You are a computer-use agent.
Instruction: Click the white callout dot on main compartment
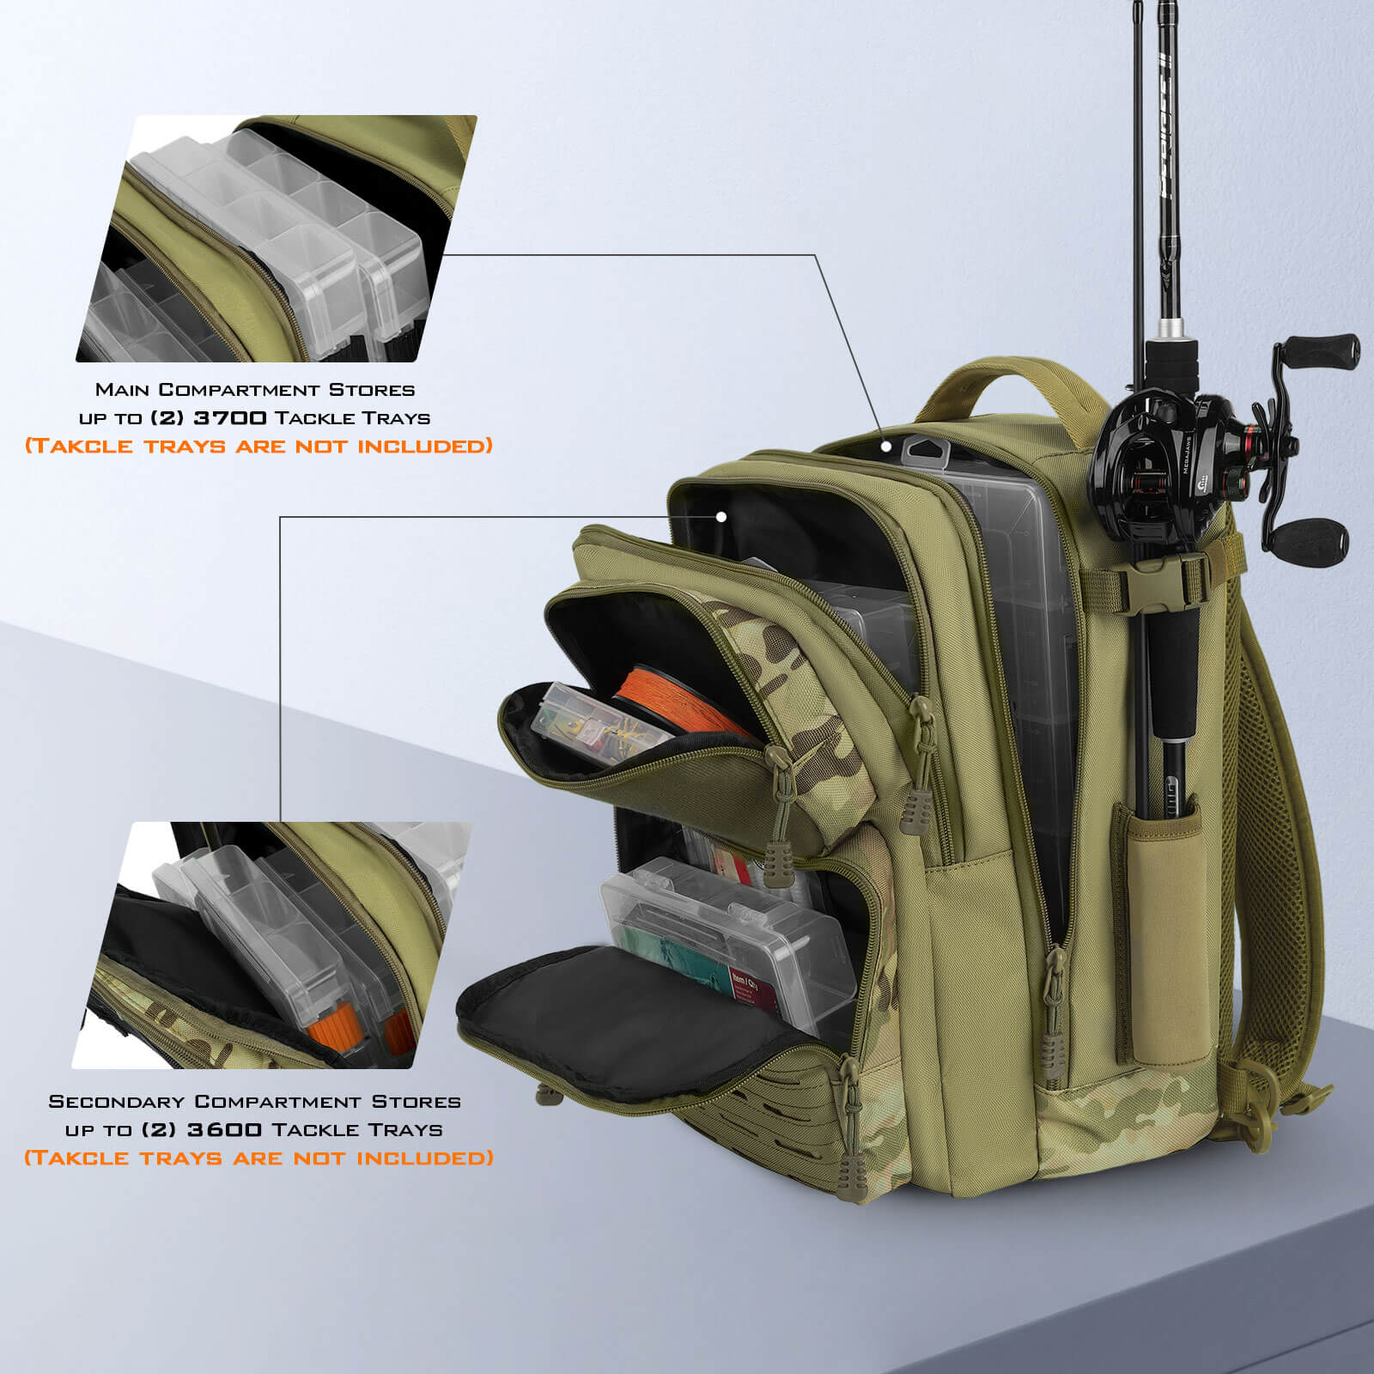point(886,447)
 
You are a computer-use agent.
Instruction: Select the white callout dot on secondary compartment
point(721,516)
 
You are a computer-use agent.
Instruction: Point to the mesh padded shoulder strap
point(1280,773)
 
